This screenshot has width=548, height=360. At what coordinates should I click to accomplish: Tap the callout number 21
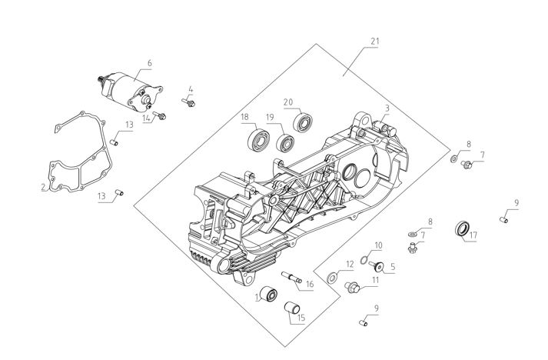374,42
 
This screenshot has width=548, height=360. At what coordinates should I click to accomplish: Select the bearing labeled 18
257,139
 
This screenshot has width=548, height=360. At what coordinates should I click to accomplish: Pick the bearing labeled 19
285,143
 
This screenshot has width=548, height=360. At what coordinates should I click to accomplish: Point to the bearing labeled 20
303,122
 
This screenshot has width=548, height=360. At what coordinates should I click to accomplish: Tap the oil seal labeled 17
463,228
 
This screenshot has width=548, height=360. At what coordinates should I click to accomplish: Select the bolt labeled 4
188,102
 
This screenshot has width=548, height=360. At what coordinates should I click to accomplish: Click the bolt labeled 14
160,115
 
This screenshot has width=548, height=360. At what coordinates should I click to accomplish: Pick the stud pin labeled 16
292,277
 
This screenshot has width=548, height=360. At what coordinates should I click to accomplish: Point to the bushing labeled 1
269,293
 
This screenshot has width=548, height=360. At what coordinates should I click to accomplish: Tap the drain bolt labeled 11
353,287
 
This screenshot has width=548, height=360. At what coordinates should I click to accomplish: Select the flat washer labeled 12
332,278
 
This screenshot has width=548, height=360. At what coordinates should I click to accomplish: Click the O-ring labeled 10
364,260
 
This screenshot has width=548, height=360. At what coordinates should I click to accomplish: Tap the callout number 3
387,108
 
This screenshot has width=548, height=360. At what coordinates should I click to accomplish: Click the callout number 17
473,235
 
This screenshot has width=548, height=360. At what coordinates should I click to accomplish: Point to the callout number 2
43,187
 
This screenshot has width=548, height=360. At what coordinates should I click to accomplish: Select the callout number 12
350,265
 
